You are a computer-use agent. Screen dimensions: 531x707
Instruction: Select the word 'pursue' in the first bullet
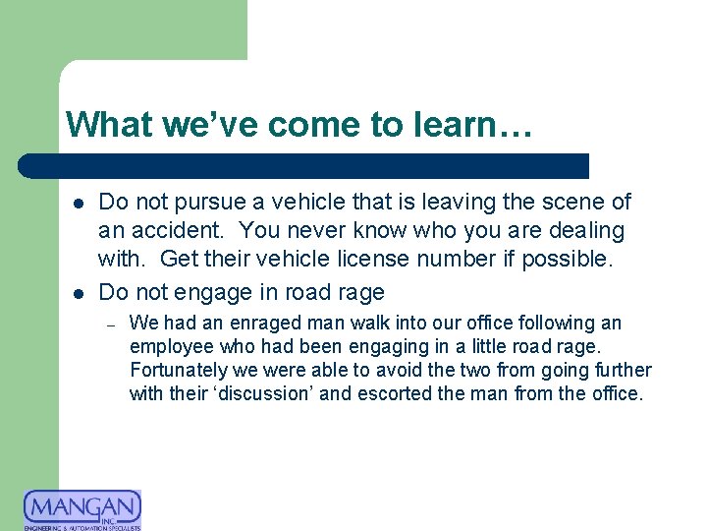coord(202,202)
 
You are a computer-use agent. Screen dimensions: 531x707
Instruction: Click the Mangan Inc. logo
coord(82,509)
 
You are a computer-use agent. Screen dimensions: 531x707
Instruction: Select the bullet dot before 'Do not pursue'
coord(77,203)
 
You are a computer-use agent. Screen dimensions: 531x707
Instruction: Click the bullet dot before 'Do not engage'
coord(77,293)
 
